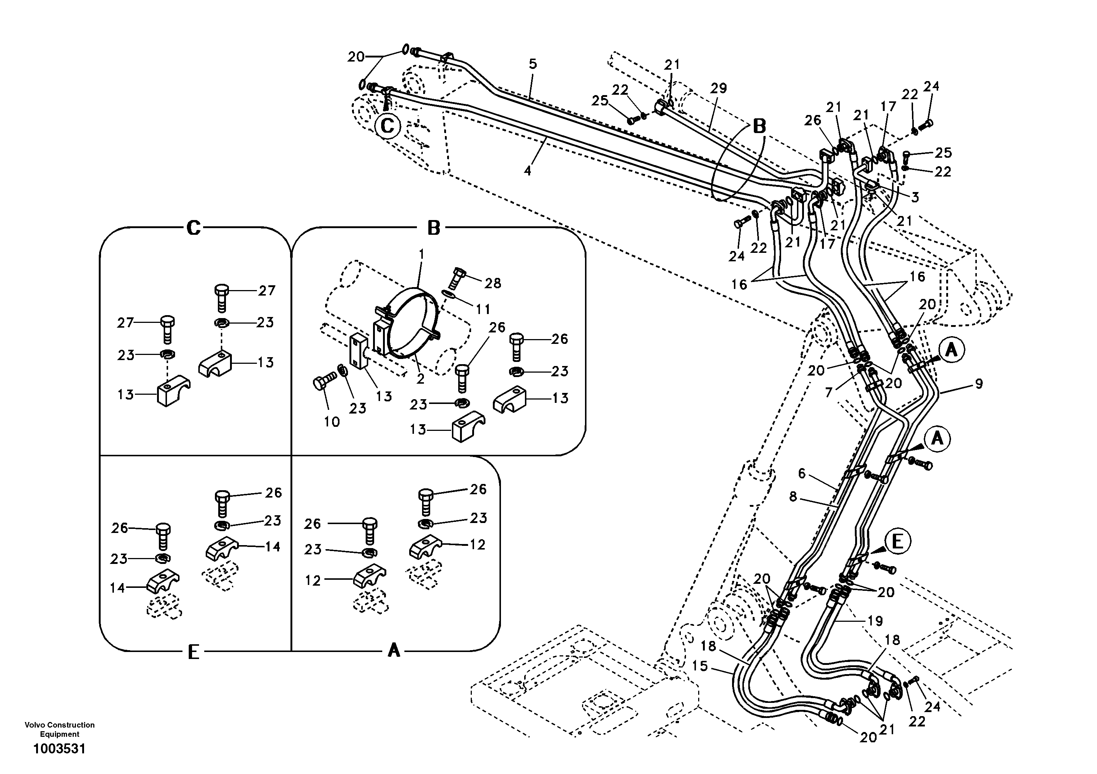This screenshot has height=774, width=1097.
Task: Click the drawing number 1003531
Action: click(x=59, y=749)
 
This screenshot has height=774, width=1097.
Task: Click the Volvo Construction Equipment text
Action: click(x=59, y=729)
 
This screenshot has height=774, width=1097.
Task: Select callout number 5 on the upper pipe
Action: click(x=533, y=63)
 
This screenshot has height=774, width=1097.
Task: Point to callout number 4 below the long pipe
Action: click(x=527, y=171)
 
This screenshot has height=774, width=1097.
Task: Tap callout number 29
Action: click(x=718, y=88)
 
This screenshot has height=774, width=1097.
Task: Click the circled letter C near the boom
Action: click(x=387, y=126)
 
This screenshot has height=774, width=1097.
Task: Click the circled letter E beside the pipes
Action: click(x=897, y=542)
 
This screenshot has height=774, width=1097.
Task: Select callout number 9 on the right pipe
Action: click(x=979, y=383)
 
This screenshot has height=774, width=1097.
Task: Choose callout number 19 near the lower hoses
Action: click(x=875, y=621)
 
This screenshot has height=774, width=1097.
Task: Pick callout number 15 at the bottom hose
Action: click(x=700, y=666)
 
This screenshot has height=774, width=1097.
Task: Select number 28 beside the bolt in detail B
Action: click(x=492, y=283)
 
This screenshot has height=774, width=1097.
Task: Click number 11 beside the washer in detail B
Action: click(x=483, y=309)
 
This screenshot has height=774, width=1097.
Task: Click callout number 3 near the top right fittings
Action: click(x=915, y=197)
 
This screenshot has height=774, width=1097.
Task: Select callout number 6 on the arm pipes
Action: click(x=802, y=474)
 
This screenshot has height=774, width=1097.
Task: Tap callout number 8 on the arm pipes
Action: click(x=793, y=497)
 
